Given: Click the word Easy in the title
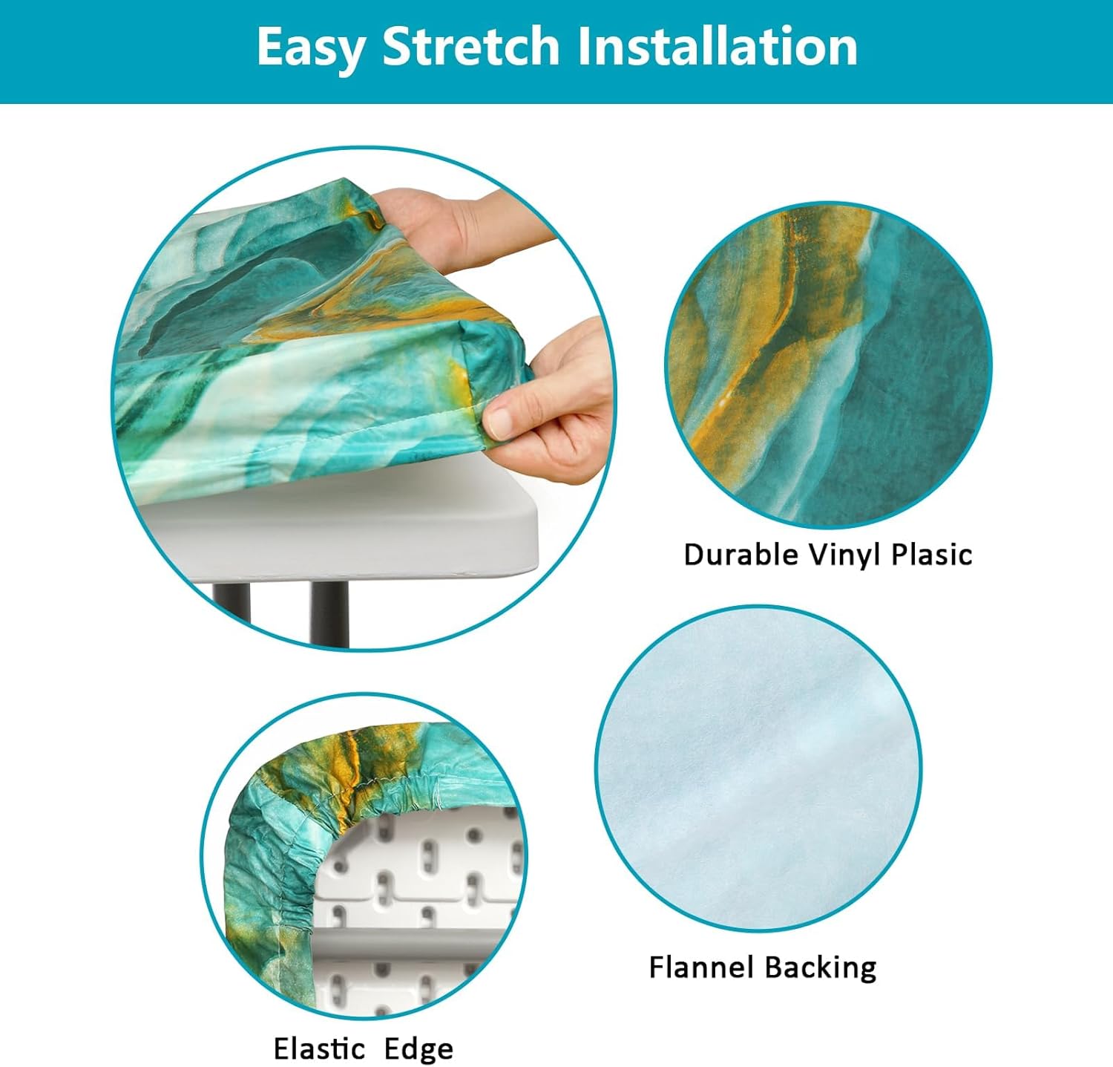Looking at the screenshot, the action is point(311,48).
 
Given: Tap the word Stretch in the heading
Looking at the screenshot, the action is point(470,46).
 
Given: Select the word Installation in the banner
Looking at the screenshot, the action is point(717,46).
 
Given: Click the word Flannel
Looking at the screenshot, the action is point(701,967).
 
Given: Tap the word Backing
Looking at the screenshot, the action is point(820,968).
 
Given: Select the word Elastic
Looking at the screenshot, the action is point(320,1048).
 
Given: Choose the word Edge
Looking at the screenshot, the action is point(418,1050).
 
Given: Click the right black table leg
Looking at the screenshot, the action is point(329,613).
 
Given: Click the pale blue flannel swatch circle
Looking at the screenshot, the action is point(758,768).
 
